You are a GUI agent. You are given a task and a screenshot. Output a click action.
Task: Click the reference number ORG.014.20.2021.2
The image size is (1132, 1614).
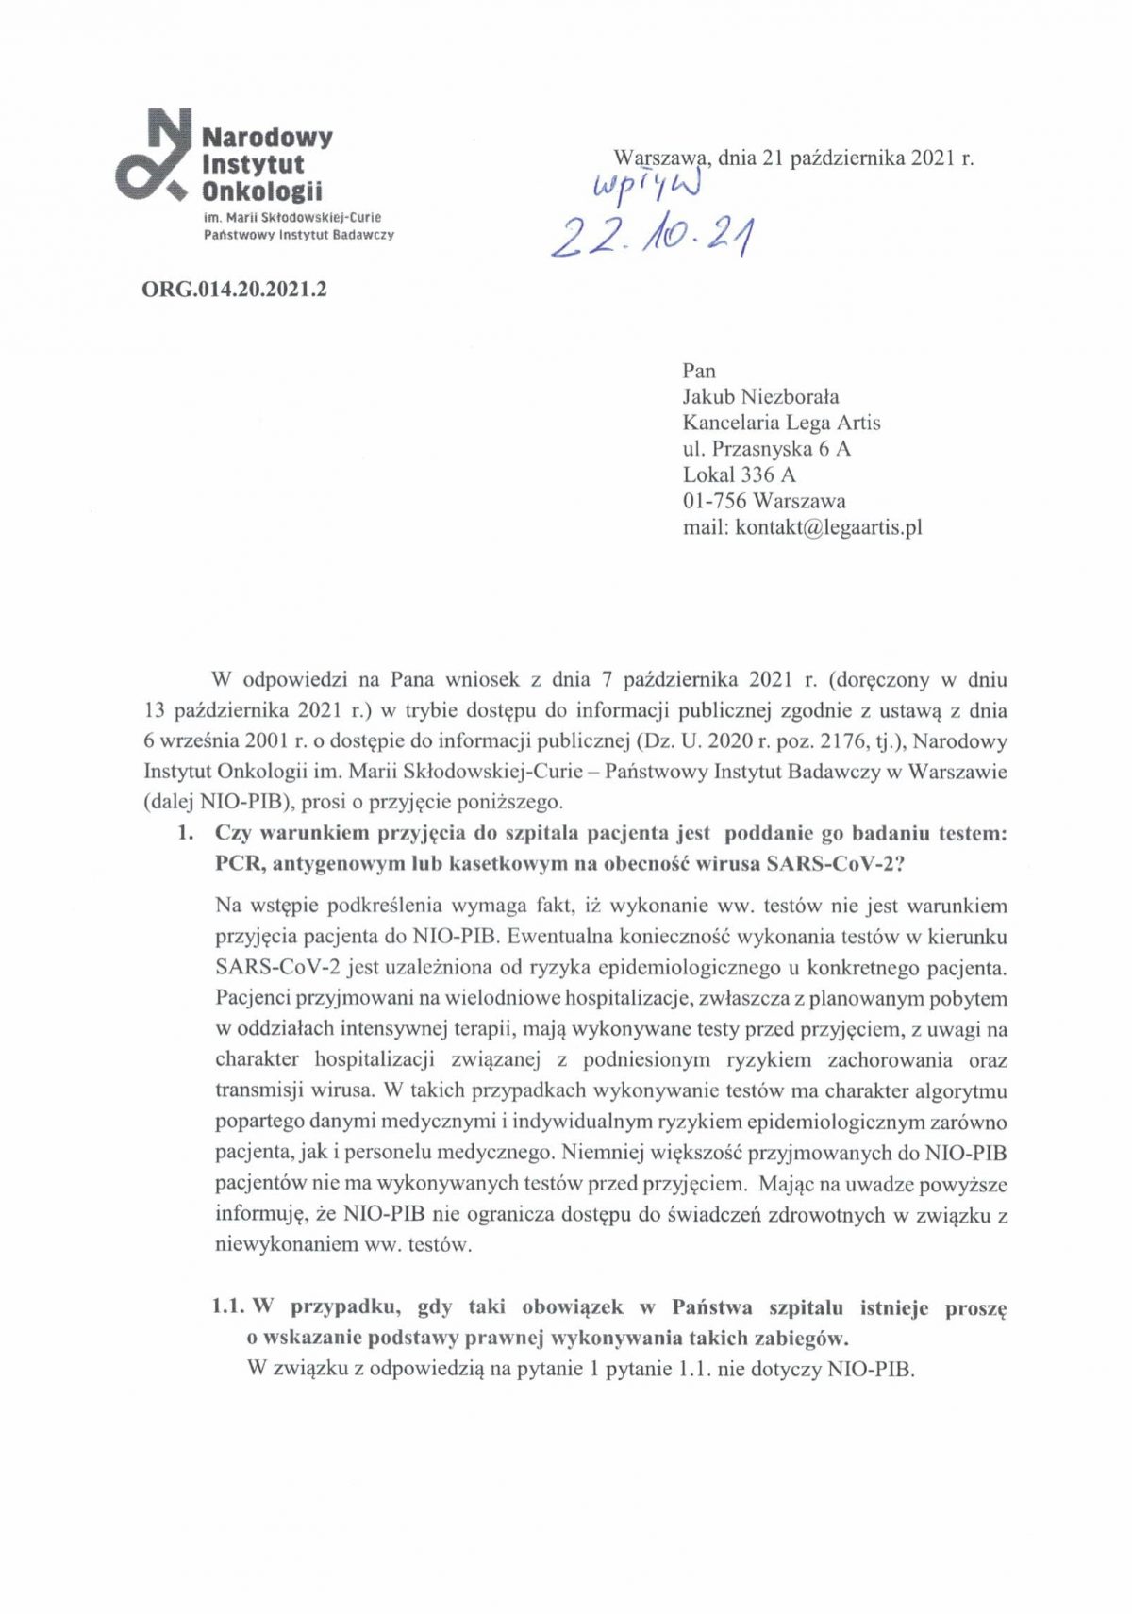point(234,290)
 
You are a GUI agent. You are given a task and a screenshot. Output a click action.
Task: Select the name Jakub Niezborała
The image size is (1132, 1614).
point(760,396)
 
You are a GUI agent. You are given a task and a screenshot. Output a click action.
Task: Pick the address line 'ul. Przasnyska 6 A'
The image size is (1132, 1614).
point(766,449)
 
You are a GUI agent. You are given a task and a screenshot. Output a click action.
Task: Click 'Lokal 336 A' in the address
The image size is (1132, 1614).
point(739,474)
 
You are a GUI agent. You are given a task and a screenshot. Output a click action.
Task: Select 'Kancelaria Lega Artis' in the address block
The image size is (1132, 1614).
point(781,423)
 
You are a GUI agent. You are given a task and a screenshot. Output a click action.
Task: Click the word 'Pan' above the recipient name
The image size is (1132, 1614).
point(699,371)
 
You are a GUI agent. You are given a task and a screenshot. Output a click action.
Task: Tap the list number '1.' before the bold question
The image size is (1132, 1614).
point(186,833)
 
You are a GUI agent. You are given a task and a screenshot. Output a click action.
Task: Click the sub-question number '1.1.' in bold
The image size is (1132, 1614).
point(228,1307)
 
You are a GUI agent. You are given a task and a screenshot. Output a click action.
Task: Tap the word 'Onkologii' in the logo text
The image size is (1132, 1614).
point(262,191)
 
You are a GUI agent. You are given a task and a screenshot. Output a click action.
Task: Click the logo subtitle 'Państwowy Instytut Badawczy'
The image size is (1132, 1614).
point(298,235)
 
